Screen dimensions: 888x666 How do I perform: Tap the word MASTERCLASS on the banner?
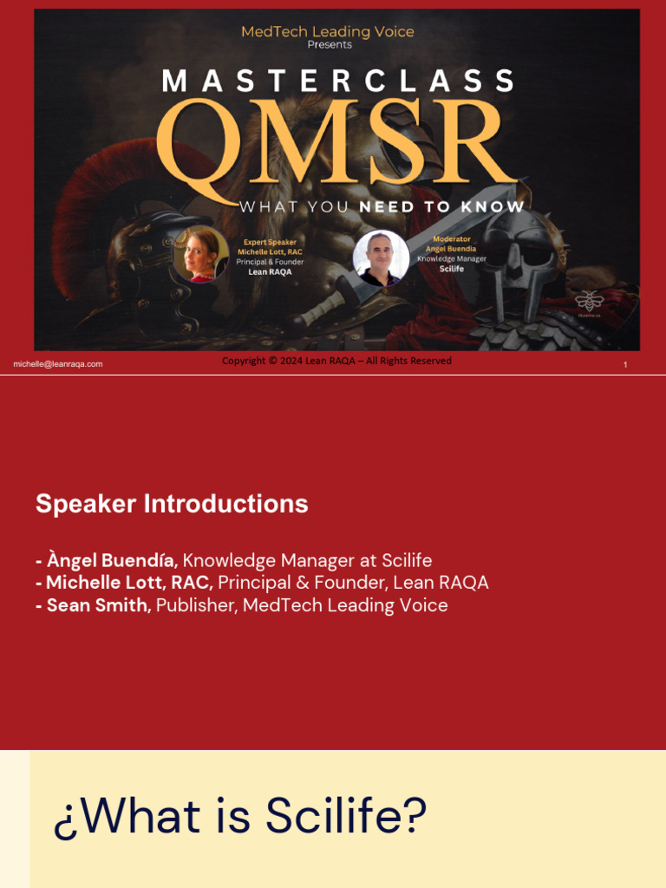tap(337, 82)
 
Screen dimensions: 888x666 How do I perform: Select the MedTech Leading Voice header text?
tap(327, 32)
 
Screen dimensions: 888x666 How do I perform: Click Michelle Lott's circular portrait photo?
tap(200, 254)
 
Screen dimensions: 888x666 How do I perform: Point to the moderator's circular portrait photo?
tap(381, 258)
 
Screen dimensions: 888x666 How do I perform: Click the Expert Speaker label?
tap(270, 242)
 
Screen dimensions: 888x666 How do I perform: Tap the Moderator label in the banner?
tap(451, 238)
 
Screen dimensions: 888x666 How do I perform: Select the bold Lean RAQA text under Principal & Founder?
tap(270, 271)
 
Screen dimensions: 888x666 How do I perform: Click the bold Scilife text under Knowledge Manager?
tap(451, 269)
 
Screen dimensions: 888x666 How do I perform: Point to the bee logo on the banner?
tap(589, 301)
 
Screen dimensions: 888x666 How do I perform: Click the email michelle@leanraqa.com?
tap(58, 364)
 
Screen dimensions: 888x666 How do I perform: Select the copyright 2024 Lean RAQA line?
tap(336, 361)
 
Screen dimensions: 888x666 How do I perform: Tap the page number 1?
tap(625, 365)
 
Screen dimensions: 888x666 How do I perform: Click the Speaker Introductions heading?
tap(172, 504)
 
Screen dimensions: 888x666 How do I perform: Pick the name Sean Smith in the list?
tap(99, 605)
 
